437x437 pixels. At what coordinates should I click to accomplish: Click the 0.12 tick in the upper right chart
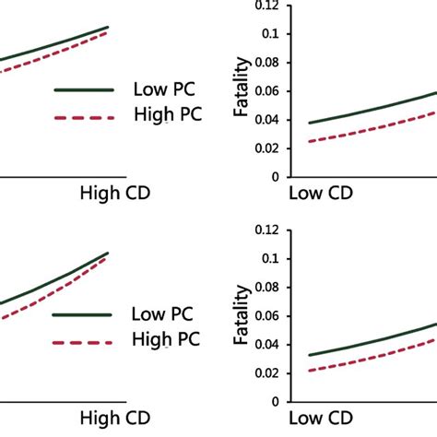[266, 6]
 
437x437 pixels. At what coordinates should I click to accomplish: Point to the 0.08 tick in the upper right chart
[266, 62]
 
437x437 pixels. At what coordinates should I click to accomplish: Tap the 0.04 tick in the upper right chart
[266, 119]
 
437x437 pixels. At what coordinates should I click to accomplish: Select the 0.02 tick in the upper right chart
[266, 148]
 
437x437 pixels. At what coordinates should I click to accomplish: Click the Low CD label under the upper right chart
[320, 195]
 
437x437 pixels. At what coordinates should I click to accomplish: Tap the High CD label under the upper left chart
[114, 195]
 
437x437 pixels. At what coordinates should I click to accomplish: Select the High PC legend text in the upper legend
[167, 115]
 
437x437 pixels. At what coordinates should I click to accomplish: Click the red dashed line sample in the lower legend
[83, 341]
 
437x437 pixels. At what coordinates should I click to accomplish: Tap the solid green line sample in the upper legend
[85, 90]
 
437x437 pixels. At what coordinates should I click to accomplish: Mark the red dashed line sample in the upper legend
[85, 117]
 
